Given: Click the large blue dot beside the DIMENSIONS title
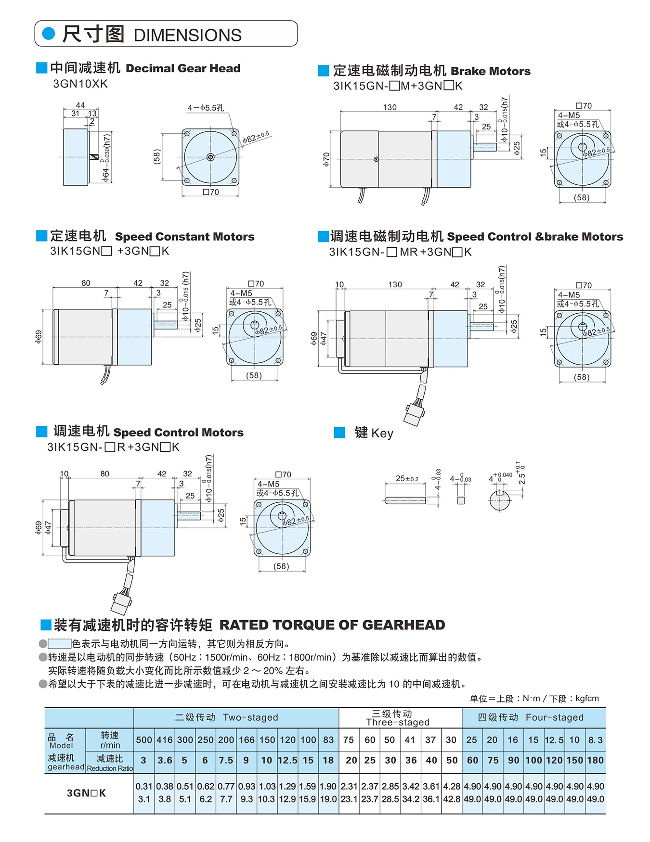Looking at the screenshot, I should click(49, 34).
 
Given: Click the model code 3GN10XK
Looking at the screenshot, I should click(80, 84).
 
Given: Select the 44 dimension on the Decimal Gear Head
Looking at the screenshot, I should click(80, 105).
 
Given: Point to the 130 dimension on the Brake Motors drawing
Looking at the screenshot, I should click(390, 107).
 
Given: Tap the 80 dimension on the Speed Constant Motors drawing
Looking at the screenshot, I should click(86, 283).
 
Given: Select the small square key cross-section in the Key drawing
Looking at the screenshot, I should click(461, 500).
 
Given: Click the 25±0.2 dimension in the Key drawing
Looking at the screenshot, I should click(407, 479).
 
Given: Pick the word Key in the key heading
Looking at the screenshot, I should click(382, 433).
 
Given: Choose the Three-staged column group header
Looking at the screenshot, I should click(398, 718).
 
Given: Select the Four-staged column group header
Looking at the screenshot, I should click(531, 717).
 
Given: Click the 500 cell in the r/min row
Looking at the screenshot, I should click(144, 740).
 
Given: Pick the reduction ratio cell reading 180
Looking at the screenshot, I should click(595, 760).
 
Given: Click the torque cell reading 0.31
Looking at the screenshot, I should click(144, 786).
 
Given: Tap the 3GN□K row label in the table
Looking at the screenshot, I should click(86, 793).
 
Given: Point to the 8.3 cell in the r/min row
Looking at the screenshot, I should click(595, 740).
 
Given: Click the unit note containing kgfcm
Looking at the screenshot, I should click(534, 698).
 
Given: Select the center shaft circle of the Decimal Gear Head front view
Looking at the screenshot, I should click(210, 157).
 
